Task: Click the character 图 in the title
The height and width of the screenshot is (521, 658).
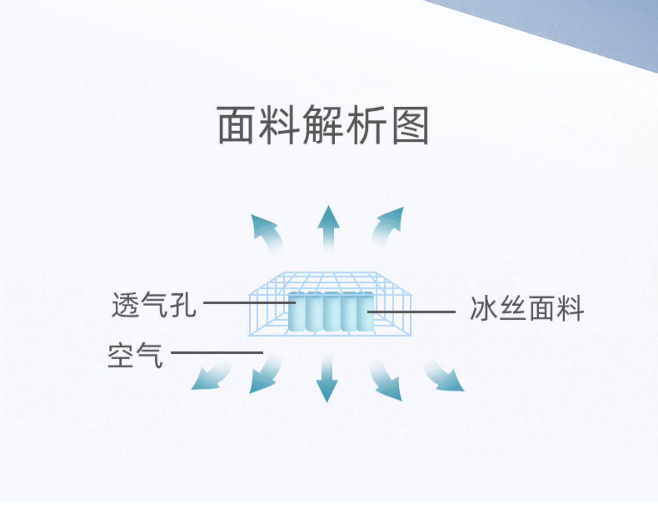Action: point(410,125)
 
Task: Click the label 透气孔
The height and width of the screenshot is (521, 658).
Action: point(154,305)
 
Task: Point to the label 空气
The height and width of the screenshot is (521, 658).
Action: point(135,355)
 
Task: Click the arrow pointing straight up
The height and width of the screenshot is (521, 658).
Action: point(328,226)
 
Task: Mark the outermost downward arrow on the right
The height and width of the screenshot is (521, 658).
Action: point(445,377)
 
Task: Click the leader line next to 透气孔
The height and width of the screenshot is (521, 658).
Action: point(248,302)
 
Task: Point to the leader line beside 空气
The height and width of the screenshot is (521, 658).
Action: point(217,352)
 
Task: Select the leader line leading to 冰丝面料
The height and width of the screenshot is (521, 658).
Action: point(412,312)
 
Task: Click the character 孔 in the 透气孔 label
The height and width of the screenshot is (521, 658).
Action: point(182,305)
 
